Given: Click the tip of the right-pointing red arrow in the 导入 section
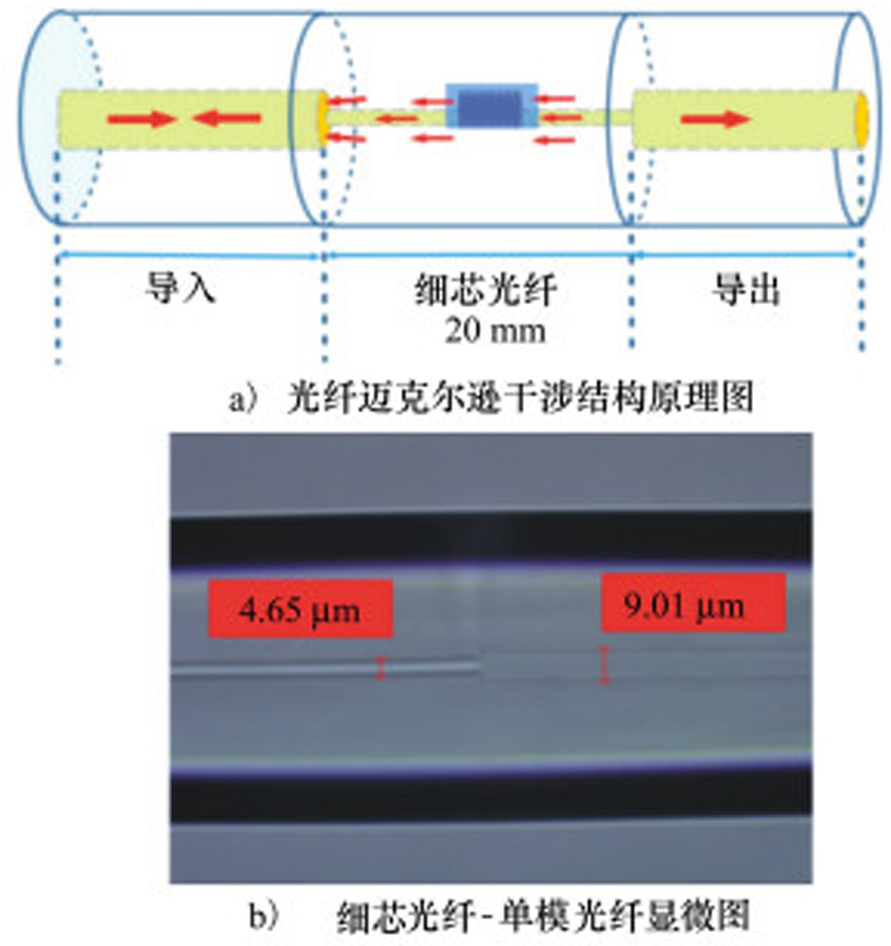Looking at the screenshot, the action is tap(175, 119).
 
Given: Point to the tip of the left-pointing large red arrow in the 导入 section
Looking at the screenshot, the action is tap(192, 119).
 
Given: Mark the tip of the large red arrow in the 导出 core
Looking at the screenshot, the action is tap(751, 119).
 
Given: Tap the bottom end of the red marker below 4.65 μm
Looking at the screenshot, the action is tap(380, 677).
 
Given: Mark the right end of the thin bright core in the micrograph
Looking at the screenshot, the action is tap(479, 666).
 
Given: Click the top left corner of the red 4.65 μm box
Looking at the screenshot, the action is tap(209, 580).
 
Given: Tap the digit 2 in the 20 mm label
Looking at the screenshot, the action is tap(454, 332).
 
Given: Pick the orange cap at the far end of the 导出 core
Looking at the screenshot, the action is tap(861, 119).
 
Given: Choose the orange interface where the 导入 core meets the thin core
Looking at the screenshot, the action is tap(323, 119).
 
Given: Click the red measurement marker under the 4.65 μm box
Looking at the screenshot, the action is tap(380, 668).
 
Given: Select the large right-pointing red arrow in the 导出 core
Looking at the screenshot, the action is tap(716, 119).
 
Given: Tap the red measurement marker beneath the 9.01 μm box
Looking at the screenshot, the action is tap(604, 666).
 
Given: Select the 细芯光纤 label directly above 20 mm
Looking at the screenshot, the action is tap(486, 289).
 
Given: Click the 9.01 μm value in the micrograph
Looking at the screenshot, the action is tap(684, 606).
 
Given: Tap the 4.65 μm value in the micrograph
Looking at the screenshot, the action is tap(299, 610).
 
